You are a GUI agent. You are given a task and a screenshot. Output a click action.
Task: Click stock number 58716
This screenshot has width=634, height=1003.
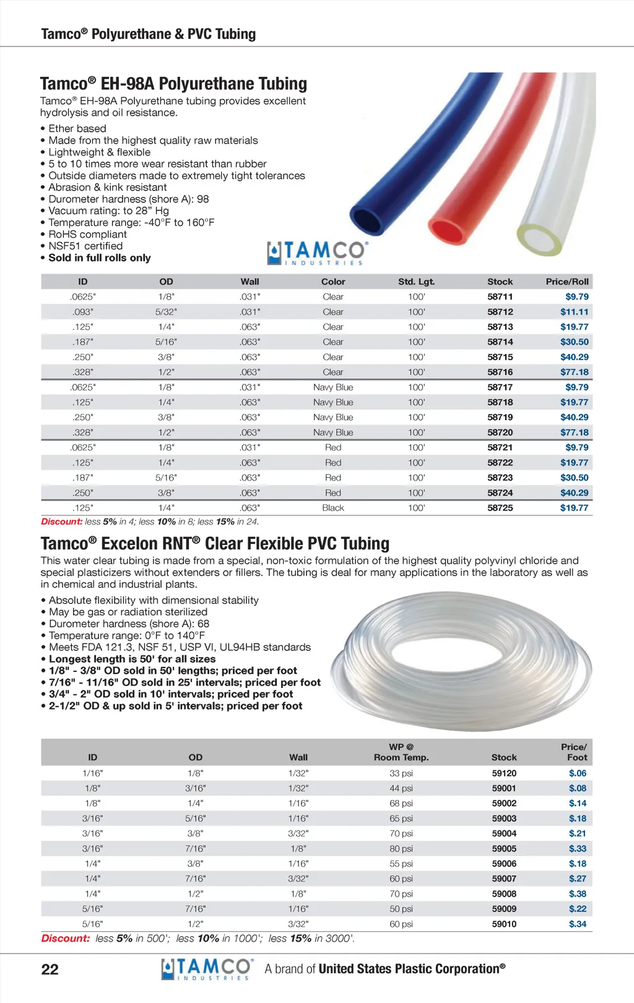click(500, 372)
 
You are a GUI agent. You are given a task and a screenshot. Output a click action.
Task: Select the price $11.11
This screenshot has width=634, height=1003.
click(574, 312)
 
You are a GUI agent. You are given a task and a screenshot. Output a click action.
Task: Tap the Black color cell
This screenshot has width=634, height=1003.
click(332, 508)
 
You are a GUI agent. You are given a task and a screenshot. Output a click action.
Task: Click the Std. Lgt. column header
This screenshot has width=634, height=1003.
click(416, 282)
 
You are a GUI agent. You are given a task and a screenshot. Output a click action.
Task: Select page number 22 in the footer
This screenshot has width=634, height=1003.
click(50, 969)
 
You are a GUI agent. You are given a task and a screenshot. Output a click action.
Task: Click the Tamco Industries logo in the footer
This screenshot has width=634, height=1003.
click(207, 969)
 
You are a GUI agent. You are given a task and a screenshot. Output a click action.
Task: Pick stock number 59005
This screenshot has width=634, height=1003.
click(504, 849)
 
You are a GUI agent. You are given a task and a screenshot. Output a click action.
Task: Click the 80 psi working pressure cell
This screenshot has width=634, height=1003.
click(401, 849)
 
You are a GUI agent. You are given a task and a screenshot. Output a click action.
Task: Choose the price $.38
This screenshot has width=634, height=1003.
click(577, 894)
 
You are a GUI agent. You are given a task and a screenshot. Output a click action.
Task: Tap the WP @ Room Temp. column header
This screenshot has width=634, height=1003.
click(401, 752)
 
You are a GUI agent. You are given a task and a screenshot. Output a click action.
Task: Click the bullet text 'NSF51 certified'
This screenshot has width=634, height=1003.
click(85, 246)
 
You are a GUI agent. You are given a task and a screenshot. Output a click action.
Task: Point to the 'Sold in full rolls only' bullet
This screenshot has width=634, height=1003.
click(99, 258)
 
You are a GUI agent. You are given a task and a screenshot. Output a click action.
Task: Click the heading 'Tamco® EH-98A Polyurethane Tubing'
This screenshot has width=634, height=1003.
click(173, 84)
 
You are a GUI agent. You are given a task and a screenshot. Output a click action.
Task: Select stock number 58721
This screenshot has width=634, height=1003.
click(500, 447)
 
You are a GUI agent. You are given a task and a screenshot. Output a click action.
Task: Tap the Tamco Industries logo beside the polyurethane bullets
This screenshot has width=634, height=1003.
click(318, 253)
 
